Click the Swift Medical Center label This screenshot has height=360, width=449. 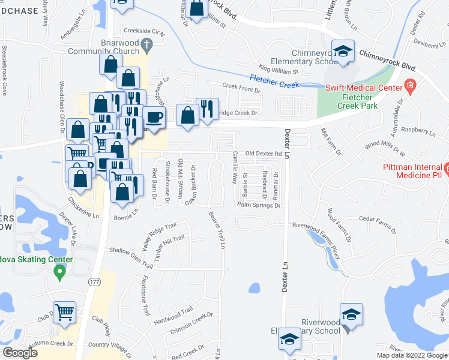[364, 88]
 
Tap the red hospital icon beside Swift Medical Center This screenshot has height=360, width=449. [411, 86]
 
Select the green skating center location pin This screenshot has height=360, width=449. [59, 273]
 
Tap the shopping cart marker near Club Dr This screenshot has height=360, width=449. [65, 311]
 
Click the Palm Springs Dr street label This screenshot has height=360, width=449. [259, 205]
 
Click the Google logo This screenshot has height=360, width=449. [20, 353]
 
